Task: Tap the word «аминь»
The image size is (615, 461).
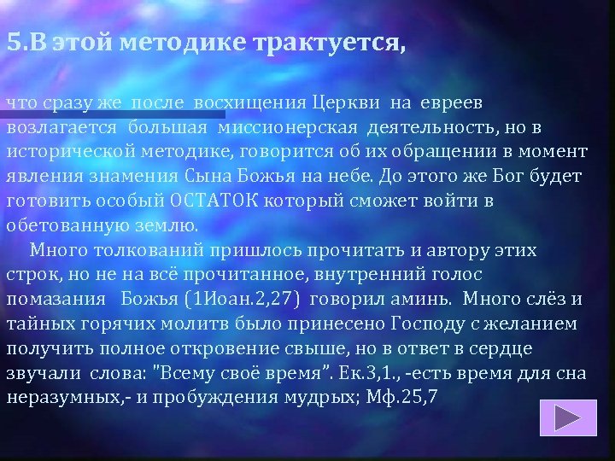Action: pyautogui.click(x=420, y=300)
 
